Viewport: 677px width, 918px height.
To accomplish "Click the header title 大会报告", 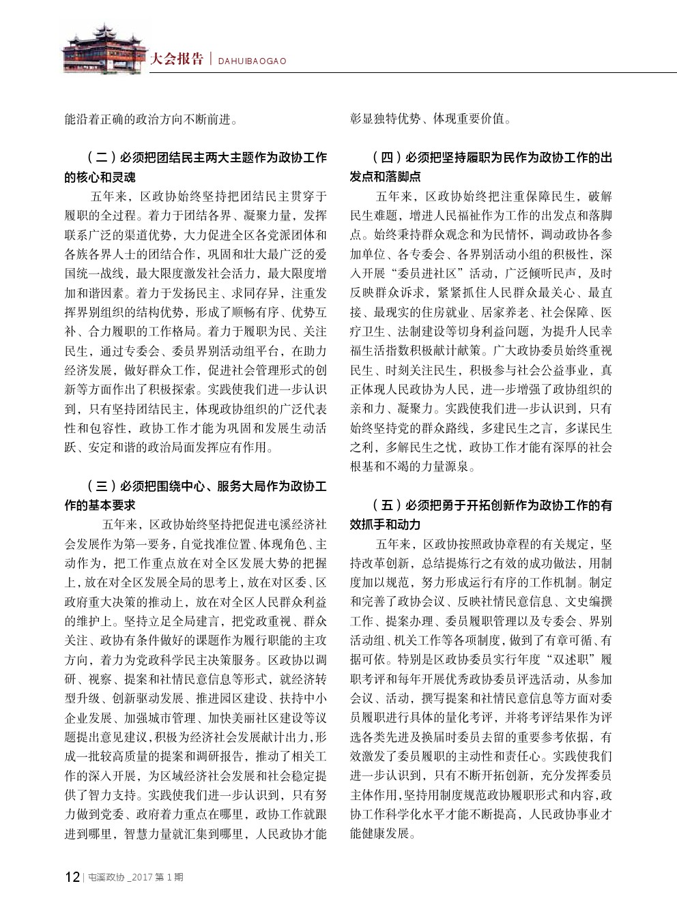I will pos(176,59).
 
